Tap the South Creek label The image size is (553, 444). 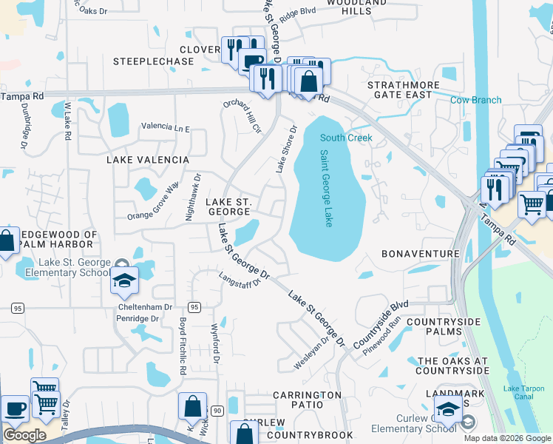click(x=346, y=138)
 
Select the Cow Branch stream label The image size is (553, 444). click(x=475, y=100)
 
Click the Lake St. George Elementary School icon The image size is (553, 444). click(x=124, y=280)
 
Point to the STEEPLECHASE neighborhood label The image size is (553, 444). click(x=153, y=61)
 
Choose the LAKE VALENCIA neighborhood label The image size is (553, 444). click(x=148, y=160)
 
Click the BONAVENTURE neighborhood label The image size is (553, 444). click(x=420, y=254)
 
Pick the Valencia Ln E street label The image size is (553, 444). click(x=166, y=129)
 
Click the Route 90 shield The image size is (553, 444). click(x=217, y=410)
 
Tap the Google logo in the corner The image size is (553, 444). click(x=24, y=435)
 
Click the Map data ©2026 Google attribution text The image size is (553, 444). click(x=507, y=438)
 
